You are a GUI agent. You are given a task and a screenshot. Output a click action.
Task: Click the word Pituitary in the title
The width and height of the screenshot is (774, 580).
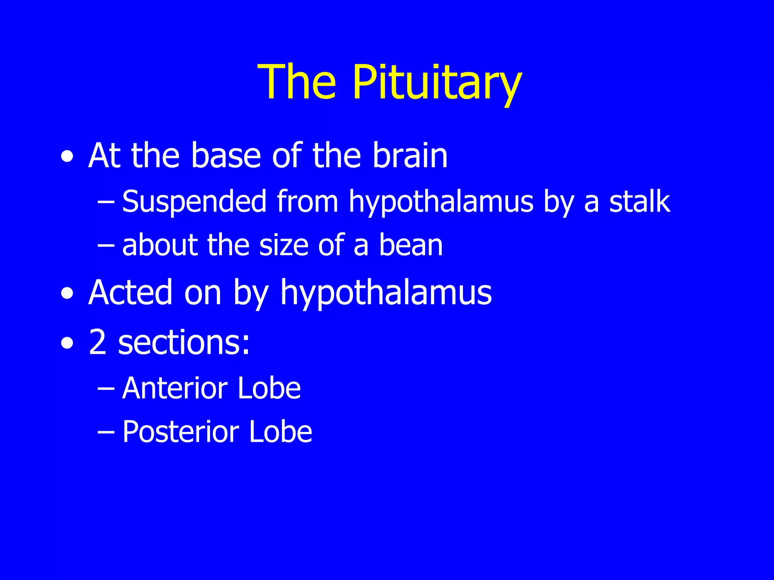pyautogui.click(x=437, y=82)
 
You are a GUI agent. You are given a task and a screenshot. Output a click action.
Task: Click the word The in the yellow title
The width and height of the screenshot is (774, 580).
pyautogui.click(x=297, y=82)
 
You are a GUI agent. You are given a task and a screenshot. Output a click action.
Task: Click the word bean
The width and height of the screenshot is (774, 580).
pyautogui.click(x=411, y=245)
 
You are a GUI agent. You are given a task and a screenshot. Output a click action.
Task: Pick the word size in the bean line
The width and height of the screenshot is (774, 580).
pyautogui.click(x=284, y=245)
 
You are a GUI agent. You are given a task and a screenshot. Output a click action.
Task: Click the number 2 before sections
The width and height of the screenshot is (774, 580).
pyautogui.click(x=98, y=342)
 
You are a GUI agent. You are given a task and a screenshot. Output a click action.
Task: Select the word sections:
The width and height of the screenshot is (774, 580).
pyautogui.click(x=184, y=342)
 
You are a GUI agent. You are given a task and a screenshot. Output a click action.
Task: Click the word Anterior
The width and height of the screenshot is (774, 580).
pyautogui.click(x=175, y=388)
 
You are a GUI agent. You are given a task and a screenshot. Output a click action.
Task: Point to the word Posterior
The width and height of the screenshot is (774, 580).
pyautogui.click(x=181, y=432)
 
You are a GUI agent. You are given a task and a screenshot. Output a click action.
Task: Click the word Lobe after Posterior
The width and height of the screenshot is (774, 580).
pyautogui.click(x=280, y=432)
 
